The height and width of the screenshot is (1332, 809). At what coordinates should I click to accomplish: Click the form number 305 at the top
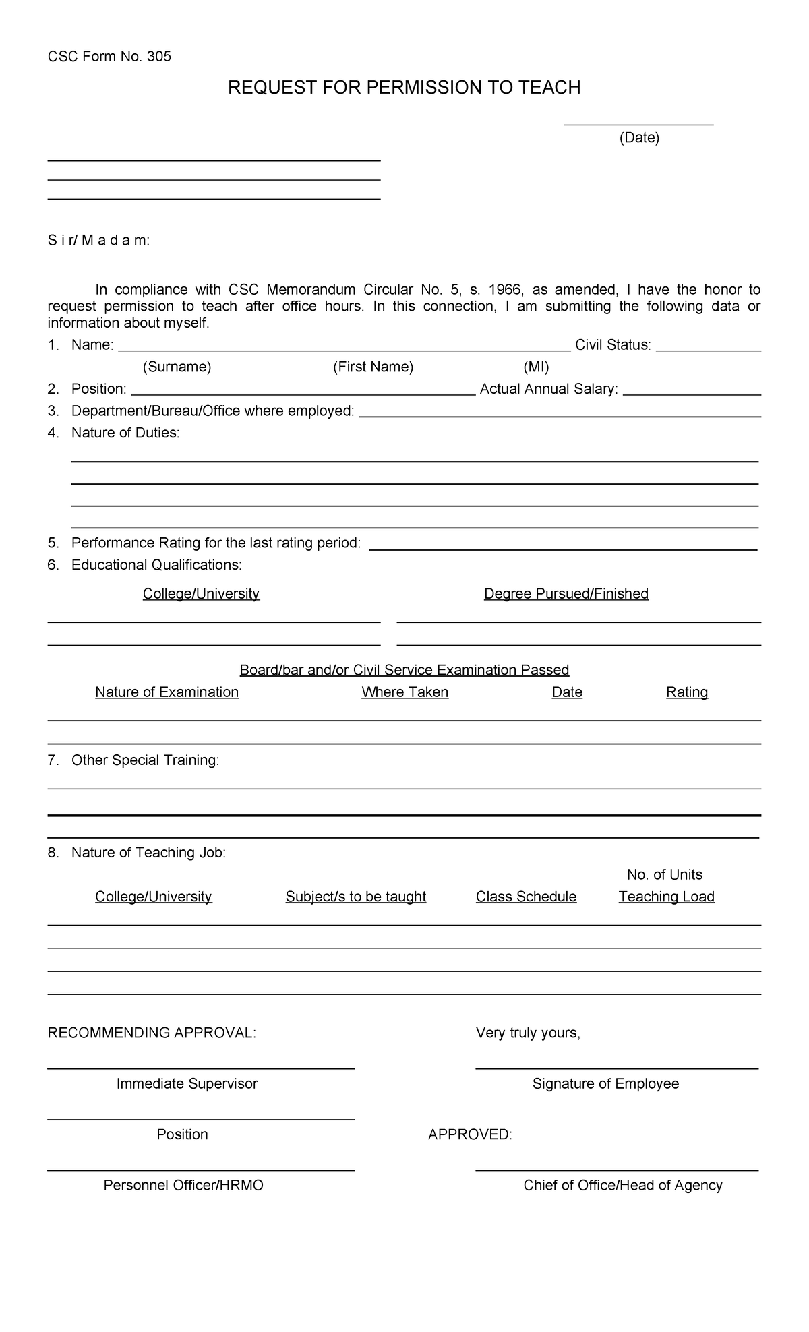pos(159,57)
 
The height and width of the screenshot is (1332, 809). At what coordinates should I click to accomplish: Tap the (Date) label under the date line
pos(639,138)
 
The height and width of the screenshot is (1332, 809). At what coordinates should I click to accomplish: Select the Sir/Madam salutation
pos(98,241)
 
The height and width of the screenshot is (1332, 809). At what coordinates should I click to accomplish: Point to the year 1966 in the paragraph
pos(505,290)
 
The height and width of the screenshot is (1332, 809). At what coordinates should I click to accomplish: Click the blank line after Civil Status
pos(708,349)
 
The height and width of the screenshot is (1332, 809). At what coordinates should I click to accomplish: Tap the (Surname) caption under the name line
pos(177,367)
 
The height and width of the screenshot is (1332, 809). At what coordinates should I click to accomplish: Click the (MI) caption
pos(536,367)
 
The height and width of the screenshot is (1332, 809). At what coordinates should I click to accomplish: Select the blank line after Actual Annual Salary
pos(692,393)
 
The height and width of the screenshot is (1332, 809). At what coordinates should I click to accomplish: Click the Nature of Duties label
pos(125,433)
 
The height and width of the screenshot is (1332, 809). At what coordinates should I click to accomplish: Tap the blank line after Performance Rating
pos(564,548)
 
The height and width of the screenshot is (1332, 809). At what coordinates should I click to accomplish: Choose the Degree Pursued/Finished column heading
pos(566,594)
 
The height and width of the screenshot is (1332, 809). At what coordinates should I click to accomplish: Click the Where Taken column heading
pos(404,692)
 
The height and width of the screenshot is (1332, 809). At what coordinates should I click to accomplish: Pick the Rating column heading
pos(687,692)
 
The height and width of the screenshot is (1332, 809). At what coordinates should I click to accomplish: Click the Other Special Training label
pos(145,760)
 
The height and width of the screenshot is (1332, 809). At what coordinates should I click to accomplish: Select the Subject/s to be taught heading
pos(356,897)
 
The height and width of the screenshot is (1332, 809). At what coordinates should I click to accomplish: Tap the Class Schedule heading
pos(526,897)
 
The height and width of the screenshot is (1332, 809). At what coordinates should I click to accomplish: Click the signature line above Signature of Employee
pos(617,1068)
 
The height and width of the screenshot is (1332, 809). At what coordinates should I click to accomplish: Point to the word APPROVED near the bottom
pos(470,1134)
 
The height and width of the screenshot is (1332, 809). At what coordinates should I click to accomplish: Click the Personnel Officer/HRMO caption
pos(183,1185)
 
